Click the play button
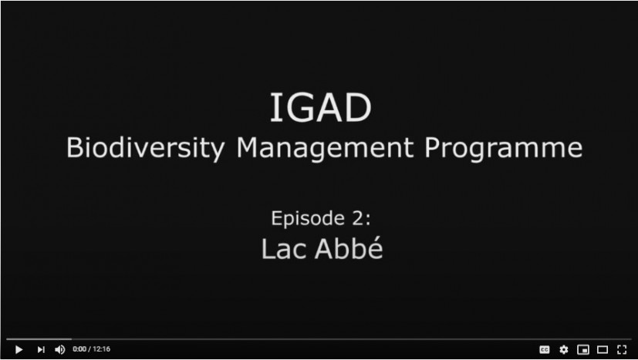pyautogui.click(x=19, y=349)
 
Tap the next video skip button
pyautogui.click(x=41, y=349)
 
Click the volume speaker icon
pyautogui.click(x=60, y=349)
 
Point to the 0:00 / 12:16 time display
pyautogui.click(x=92, y=349)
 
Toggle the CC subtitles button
pyautogui.click(x=545, y=349)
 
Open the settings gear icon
pyautogui.click(x=563, y=349)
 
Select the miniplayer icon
pyautogui.click(x=583, y=349)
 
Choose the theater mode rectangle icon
pyautogui.click(x=603, y=349)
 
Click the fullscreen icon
pyautogui.click(x=622, y=349)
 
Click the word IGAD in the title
pyautogui.click(x=321, y=108)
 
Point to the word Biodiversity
pyautogui.click(x=145, y=148)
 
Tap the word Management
pyautogui.click(x=325, y=148)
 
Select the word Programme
pyautogui.click(x=504, y=148)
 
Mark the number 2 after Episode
pyautogui.click(x=359, y=218)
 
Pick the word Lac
pyautogui.click(x=284, y=248)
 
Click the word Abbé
pyautogui.click(x=349, y=248)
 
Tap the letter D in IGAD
pyautogui.click(x=358, y=108)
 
